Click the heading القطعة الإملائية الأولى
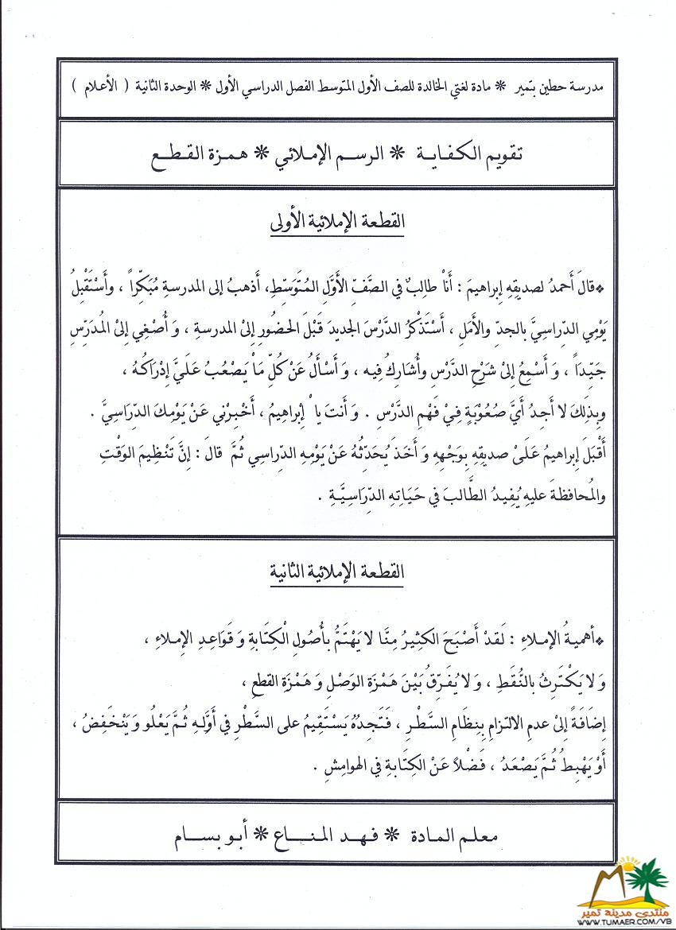click(x=337, y=223)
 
